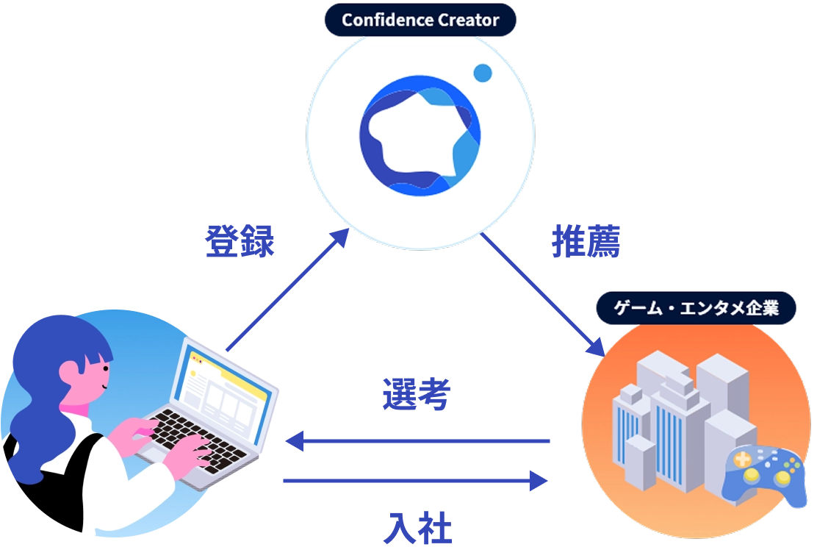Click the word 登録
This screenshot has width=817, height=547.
click(240, 242)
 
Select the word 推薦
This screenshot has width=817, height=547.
click(587, 242)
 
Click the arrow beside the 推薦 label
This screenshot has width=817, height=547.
click(543, 294)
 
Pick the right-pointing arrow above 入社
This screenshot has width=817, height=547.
click(416, 482)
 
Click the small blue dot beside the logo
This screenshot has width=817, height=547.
click(482, 73)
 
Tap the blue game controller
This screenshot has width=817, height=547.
click(764, 478)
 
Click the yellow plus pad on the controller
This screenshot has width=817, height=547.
click(743, 461)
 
